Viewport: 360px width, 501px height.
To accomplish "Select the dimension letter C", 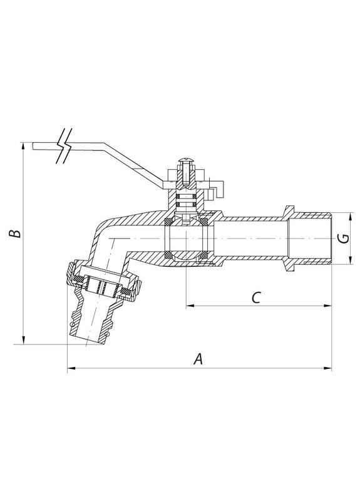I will [x=256, y=298].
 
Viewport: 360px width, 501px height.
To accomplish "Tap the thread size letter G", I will [x=341, y=239].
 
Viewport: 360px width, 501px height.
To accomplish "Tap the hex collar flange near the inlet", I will [x=289, y=239].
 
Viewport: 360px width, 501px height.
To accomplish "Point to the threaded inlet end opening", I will [x=329, y=239].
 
